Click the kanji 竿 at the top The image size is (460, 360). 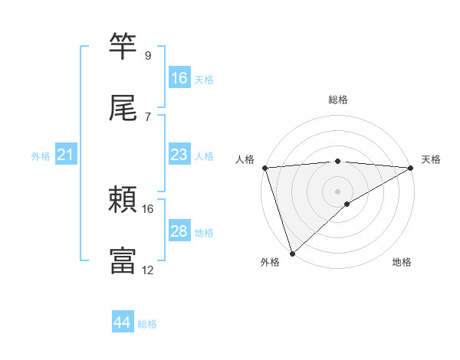(123, 46)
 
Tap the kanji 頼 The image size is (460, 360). (123, 200)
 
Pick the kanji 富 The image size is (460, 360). (123, 260)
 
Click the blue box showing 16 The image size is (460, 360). (179, 78)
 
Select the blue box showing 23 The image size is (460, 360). (179, 155)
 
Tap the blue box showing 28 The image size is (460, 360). (179, 232)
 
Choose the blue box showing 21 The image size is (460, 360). (66, 155)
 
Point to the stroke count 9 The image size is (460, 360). (148, 56)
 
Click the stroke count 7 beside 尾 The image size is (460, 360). (148, 117)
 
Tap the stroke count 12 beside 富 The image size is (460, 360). (148, 270)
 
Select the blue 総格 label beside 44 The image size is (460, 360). (147, 324)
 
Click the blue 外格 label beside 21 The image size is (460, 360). (41, 156)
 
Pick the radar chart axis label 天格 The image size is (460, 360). (431, 159)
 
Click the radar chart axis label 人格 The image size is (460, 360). (245, 159)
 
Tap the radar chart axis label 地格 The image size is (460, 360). (402, 262)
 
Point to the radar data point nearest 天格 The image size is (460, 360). (411, 168)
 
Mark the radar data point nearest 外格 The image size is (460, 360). (291, 254)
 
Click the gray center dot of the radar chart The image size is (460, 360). (338, 191)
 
